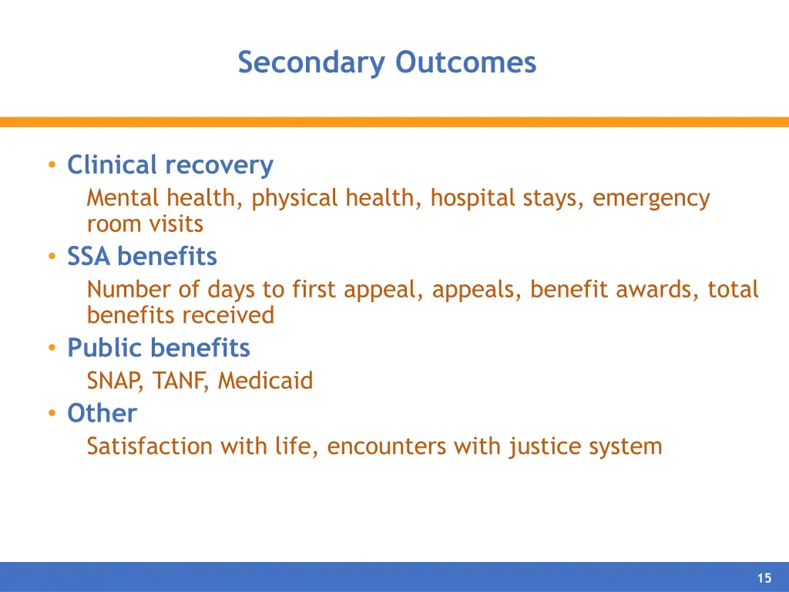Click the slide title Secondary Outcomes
(x=387, y=62)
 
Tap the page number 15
(x=764, y=579)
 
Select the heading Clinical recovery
(x=170, y=165)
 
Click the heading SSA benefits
(x=142, y=256)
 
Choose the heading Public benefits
(x=159, y=348)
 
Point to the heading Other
(x=102, y=413)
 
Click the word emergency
(x=651, y=199)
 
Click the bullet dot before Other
(x=52, y=414)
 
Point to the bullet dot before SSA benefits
(x=52, y=257)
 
